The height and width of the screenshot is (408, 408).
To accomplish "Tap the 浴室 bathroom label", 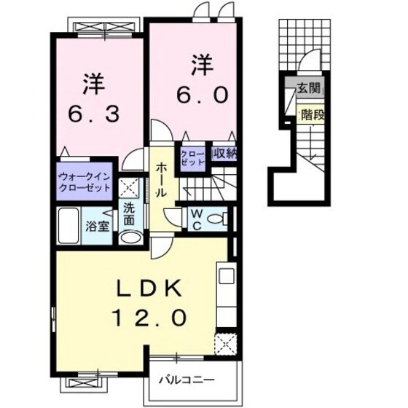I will pyautogui.click(x=98, y=226).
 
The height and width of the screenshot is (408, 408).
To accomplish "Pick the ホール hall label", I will pyautogui.click(x=160, y=180).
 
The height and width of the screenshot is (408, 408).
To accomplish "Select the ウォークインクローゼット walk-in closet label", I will pyautogui.click(x=84, y=181).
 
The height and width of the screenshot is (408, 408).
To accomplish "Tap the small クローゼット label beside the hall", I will pyautogui.click(x=192, y=159).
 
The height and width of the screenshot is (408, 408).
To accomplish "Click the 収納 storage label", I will pyautogui.click(x=224, y=154).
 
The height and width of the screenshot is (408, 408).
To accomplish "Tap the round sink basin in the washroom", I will pyautogui.click(x=128, y=236).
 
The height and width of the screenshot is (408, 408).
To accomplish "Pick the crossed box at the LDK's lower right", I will pyautogui.click(x=224, y=342).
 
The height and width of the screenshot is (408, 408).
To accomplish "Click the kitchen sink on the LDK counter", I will pyautogui.click(x=225, y=278).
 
